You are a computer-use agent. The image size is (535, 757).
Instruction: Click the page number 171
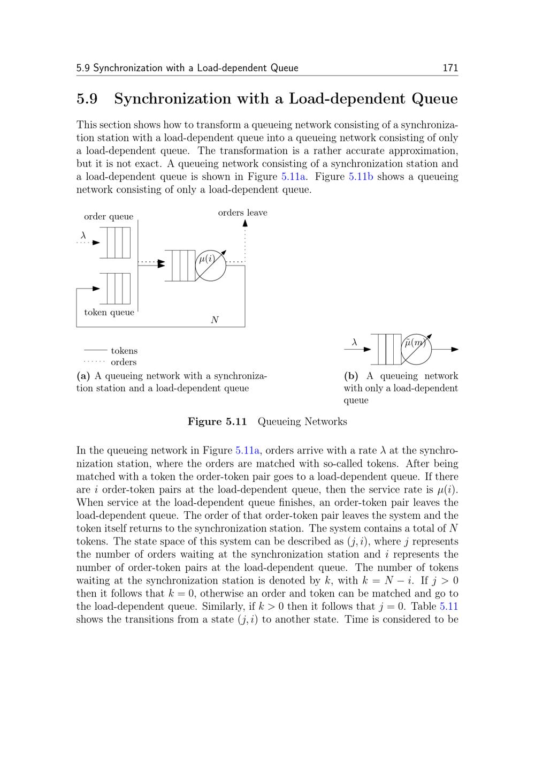tap(450, 68)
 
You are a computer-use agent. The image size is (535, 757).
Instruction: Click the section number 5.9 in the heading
tap(87, 99)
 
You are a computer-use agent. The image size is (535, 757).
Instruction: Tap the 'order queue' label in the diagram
tap(109, 217)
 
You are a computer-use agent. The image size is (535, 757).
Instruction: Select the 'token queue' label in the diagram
tap(109, 313)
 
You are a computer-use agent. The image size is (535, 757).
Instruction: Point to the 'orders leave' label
tap(242, 213)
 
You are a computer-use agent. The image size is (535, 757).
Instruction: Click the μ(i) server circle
tap(210, 264)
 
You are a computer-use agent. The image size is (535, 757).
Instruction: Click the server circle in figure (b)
tap(416, 349)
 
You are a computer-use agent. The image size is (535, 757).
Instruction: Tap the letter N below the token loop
tap(215, 320)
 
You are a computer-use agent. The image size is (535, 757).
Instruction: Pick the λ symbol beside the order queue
tap(83, 235)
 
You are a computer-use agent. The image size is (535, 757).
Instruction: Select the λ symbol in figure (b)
tap(354, 342)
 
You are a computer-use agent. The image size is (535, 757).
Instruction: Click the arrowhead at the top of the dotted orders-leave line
tap(245, 222)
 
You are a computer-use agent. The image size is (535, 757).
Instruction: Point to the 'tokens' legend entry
tap(124, 351)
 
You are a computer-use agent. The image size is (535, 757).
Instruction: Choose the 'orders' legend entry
tap(124, 362)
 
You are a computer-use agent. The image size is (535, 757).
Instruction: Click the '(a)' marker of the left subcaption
tap(83, 376)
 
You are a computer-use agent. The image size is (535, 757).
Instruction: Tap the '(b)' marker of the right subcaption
tap(351, 376)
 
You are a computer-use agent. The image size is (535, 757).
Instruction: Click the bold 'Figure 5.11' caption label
tap(217, 422)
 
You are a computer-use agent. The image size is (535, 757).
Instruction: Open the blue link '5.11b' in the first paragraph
tap(361, 177)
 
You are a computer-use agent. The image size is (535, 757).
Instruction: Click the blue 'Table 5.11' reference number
tap(448, 607)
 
